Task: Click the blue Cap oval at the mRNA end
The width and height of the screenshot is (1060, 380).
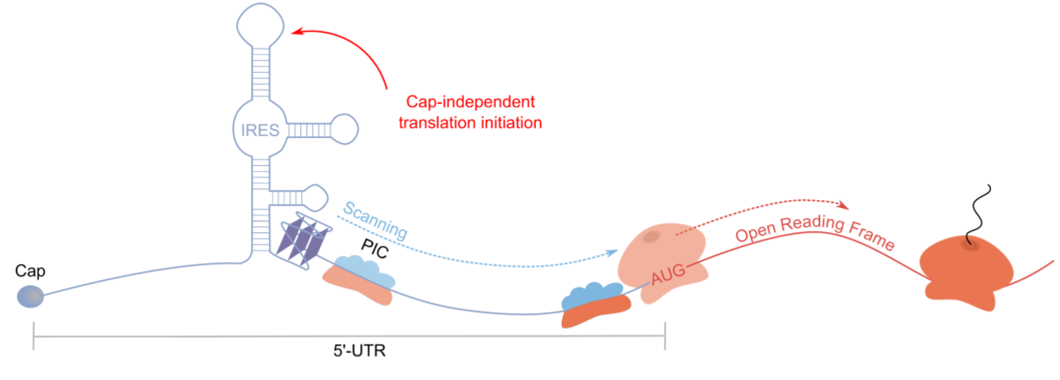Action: [x=30, y=296]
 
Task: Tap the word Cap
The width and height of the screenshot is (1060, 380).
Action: [x=30, y=271]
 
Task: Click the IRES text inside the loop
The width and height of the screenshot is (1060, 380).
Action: [x=260, y=130]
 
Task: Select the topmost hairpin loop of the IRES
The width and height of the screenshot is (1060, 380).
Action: [x=260, y=25]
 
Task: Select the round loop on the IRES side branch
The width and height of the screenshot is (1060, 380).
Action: [x=345, y=129]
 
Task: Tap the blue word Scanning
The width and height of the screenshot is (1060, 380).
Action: [x=375, y=220]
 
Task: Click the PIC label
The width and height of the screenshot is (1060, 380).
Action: [x=374, y=249]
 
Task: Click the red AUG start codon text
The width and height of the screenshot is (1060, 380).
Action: [x=668, y=274]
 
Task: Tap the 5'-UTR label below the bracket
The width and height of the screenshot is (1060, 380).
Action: [x=359, y=351]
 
